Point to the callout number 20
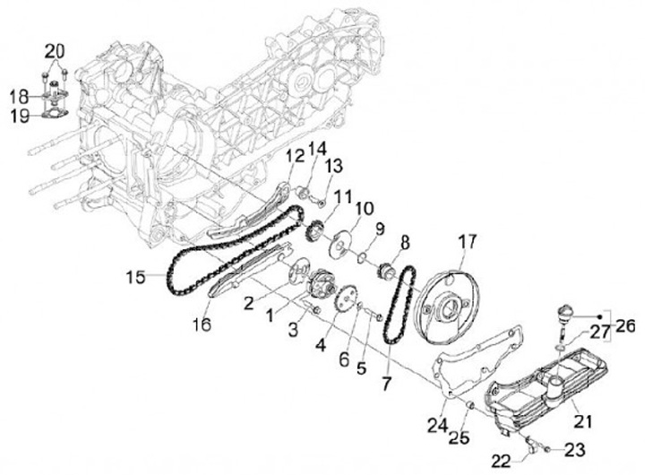click(56, 50)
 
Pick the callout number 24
click(435, 423)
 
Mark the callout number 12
click(294, 159)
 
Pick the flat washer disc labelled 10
click(344, 245)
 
